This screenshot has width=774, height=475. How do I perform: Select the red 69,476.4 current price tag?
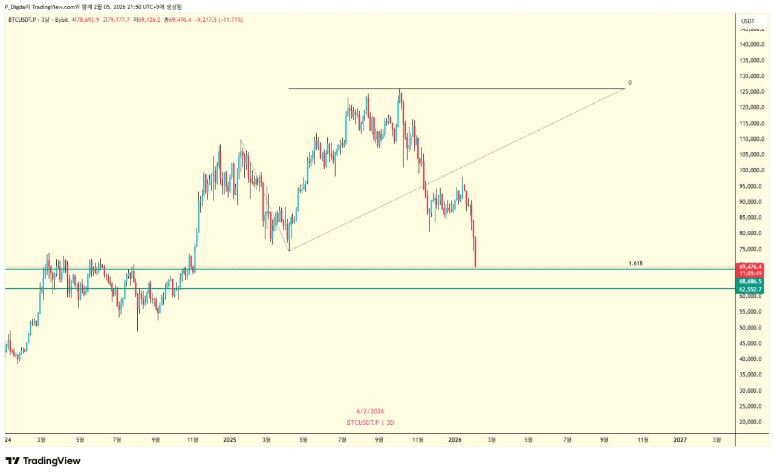[750, 267]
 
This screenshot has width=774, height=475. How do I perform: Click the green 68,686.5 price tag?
[750, 282]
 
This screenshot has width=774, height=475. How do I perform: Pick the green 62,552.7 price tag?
[750, 289]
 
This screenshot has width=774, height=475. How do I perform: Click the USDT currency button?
[748, 21]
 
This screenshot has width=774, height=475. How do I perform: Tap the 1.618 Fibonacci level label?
[635, 263]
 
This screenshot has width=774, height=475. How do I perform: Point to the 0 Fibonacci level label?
[629, 83]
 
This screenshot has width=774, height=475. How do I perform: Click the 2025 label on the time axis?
[230, 440]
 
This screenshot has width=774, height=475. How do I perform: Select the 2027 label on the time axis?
[680, 440]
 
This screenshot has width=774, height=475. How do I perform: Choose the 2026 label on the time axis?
[455, 440]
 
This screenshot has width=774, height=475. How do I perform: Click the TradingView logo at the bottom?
[43, 461]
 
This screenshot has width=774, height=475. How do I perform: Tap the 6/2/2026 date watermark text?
[370, 412]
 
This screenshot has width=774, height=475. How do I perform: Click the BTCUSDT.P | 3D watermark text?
[370, 422]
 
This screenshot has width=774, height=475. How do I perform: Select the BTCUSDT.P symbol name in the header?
[21, 20]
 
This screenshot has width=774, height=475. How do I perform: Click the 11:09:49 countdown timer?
[750, 273]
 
